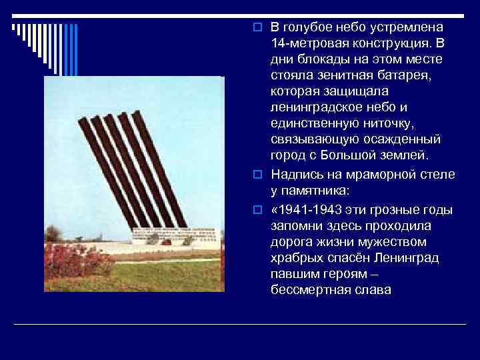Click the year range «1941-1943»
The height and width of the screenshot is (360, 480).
click(x=313, y=209)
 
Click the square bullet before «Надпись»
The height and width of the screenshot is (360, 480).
click(x=265, y=174)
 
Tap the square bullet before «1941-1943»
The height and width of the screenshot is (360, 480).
click(x=265, y=210)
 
